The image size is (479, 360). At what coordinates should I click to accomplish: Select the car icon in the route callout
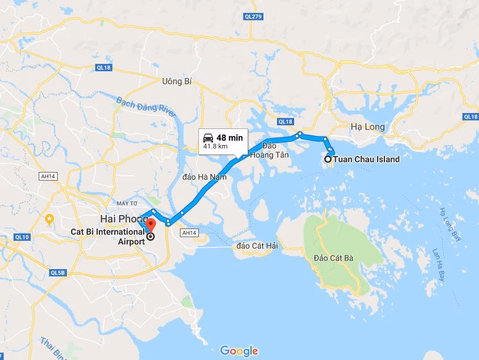click(x=208, y=138)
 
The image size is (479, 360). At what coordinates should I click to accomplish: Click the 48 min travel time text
click(x=230, y=138)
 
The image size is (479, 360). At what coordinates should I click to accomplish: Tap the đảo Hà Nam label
click(x=204, y=177)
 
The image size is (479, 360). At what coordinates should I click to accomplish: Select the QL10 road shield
click(x=22, y=237)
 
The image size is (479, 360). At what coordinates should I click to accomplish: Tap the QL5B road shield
click(x=58, y=272)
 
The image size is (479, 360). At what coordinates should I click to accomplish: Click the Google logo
click(x=239, y=351)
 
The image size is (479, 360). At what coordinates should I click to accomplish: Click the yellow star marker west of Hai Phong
click(x=50, y=218)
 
